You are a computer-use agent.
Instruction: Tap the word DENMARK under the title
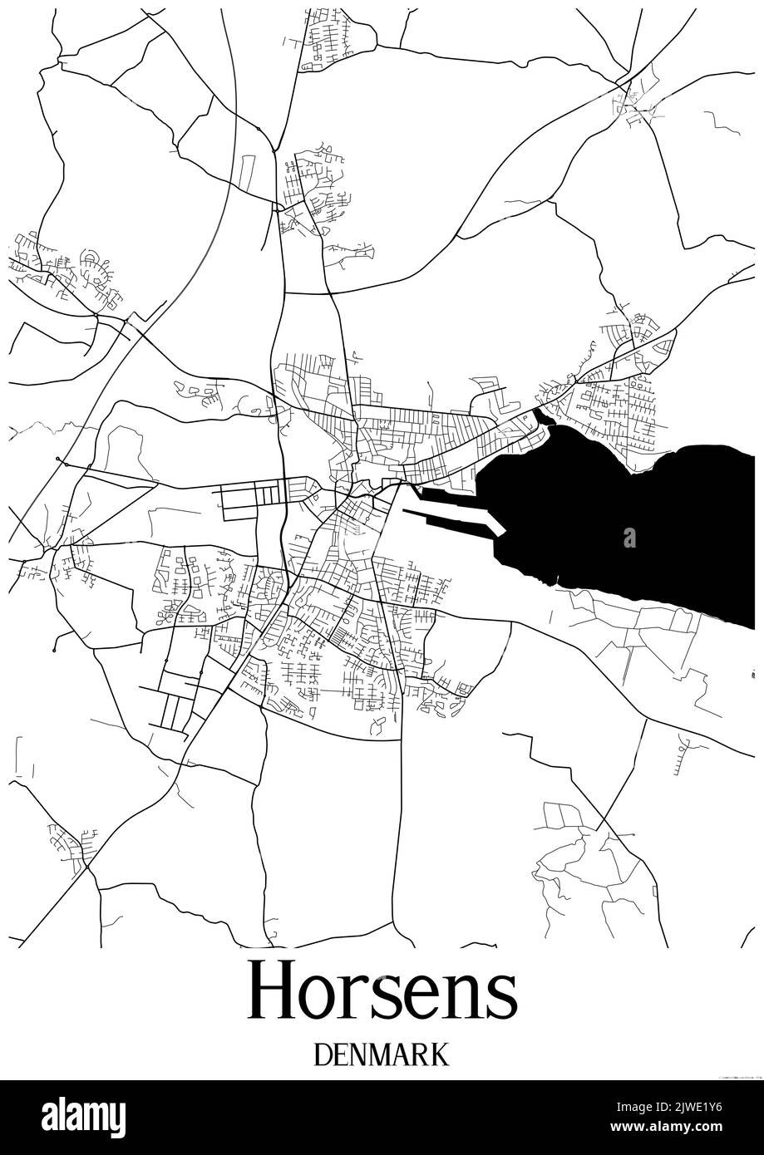(x=382, y=1054)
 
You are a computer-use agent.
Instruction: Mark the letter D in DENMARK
(x=323, y=1054)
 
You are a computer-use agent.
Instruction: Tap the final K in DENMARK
(x=440, y=1054)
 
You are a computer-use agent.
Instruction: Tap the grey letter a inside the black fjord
(x=629, y=538)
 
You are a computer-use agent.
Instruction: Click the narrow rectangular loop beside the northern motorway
(x=247, y=170)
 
